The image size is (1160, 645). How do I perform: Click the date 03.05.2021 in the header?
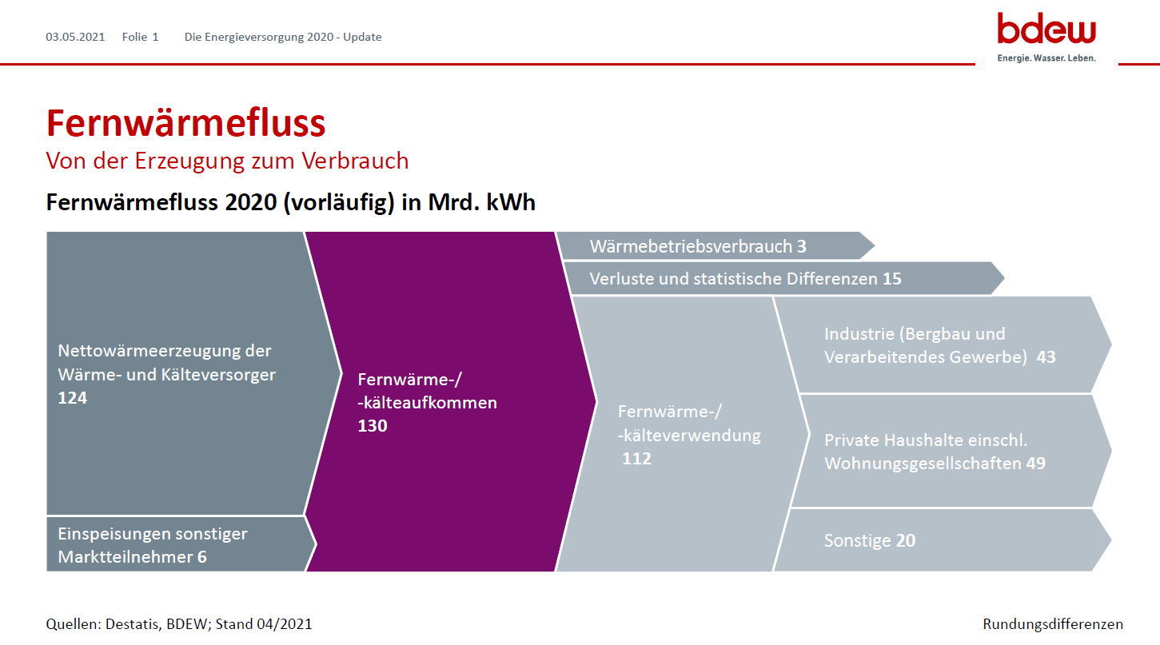[x=75, y=38]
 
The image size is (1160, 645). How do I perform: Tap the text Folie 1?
[x=141, y=38]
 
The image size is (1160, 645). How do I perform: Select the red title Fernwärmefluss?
[x=186, y=123]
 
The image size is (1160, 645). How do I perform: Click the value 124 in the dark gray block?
[x=73, y=397]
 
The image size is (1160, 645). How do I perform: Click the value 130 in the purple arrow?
[x=373, y=425]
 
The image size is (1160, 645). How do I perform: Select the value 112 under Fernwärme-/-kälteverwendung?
[x=636, y=458]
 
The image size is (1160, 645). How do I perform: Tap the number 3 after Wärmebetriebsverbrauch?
[x=802, y=246]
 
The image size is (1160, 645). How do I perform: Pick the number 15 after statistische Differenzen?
[x=891, y=278]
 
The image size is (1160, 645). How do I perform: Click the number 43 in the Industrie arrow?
[x=1046, y=356]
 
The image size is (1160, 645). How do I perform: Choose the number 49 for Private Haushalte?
[x=1036, y=463]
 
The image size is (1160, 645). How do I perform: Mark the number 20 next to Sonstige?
[x=906, y=540]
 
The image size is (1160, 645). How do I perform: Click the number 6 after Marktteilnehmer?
[x=202, y=557]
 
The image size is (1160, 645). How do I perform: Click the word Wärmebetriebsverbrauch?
[x=691, y=246]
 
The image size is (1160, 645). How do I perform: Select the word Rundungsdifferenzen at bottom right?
[x=1053, y=624]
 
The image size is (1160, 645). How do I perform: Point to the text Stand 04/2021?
[x=264, y=624]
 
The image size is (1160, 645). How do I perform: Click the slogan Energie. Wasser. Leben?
[x=1046, y=58]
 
